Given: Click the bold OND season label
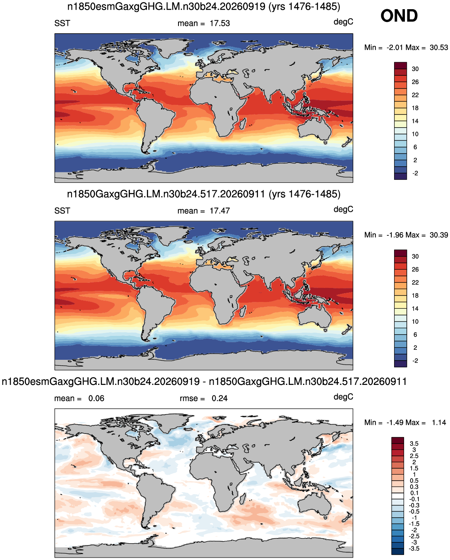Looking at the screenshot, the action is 399,16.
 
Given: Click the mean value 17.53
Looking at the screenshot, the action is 220,24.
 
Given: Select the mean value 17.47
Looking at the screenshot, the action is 220,211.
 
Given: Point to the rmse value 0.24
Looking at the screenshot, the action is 219,398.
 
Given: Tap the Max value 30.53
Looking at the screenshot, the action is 439,47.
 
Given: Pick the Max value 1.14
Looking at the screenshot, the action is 439,422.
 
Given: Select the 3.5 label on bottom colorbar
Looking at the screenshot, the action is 414,444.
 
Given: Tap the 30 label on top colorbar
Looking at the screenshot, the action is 415,69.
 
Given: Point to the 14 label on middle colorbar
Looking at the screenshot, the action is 415,309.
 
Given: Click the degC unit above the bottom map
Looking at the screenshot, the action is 343,397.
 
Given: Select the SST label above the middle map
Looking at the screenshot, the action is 62,211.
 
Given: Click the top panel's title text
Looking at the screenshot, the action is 204,6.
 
